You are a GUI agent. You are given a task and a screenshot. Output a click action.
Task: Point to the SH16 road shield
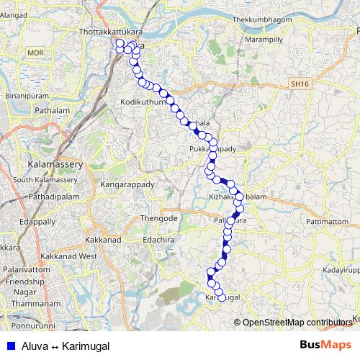click(299, 84)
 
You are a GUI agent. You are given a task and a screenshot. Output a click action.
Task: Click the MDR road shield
click(35, 53)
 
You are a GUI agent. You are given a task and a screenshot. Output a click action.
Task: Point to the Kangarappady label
click(129, 184)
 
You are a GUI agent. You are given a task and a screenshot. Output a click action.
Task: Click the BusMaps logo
click(325, 345)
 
